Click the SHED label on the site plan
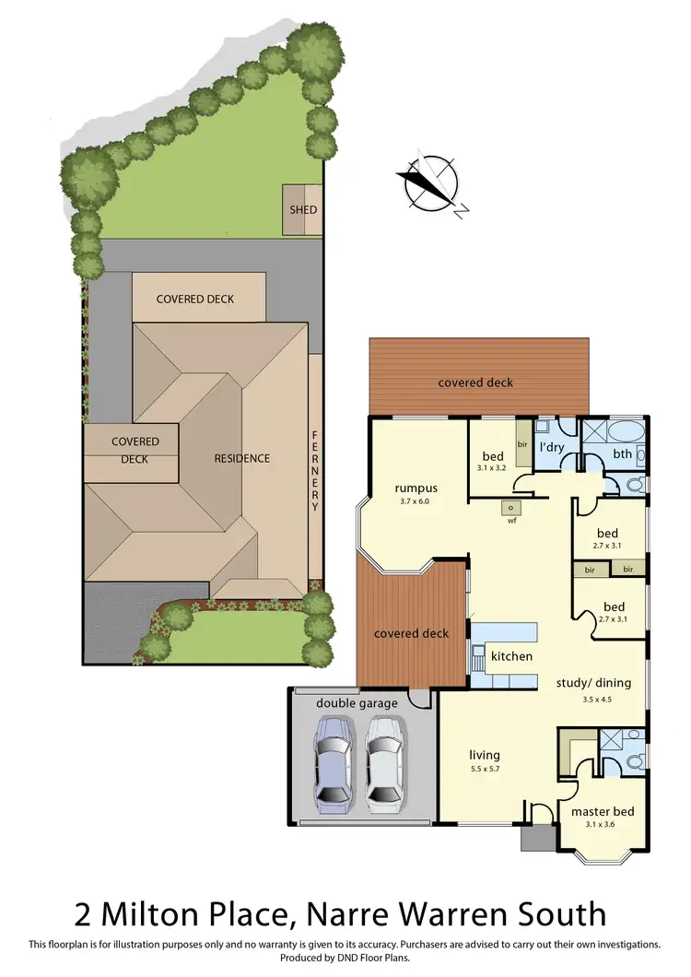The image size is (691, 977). tap(303, 209)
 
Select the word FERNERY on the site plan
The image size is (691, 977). tap(315, 471)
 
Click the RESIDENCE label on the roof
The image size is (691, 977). tap(242, 458)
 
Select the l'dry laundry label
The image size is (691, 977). tap(551, 447)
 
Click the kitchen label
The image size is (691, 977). tap(511, 656)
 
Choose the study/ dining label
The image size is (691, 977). tap(593, 683)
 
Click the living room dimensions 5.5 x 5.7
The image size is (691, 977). tap(484, 768)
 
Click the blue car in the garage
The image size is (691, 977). tap(333, 761)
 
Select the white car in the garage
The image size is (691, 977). tap(384, 761)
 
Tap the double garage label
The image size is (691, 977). tap(357, 703)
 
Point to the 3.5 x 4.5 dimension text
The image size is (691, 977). tap(597, 700)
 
